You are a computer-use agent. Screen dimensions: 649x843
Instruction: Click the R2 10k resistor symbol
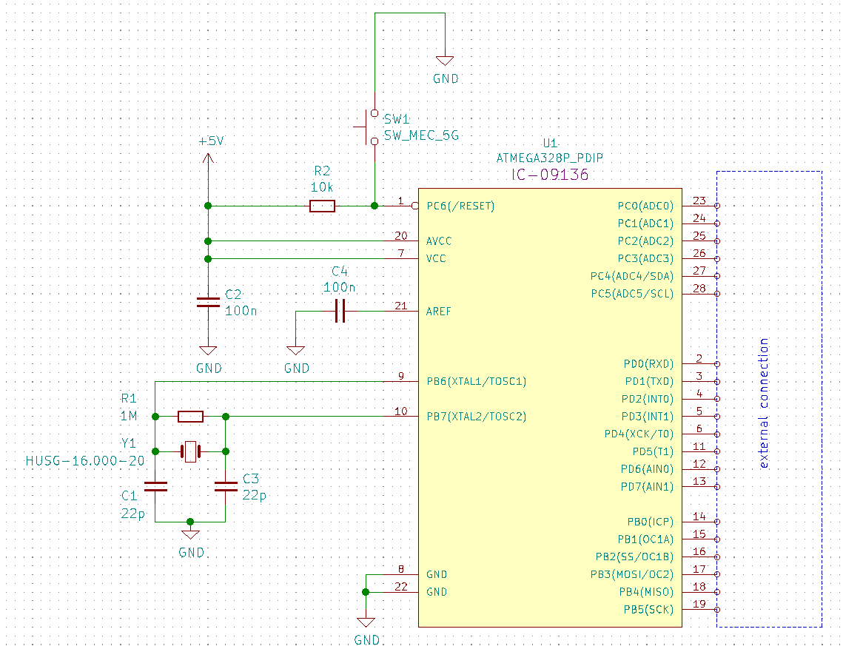pyautogui.click(x=322, y=206)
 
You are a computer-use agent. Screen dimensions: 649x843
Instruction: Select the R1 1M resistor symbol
pyautogui.click(x=191, y=417)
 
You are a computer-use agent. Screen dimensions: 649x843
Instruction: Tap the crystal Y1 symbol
pyautogui.click(x=191, y=451)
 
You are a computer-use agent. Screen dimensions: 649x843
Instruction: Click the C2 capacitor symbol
pyautogui.click(x=208, y=301)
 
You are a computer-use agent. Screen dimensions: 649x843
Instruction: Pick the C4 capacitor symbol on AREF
pyautogui.click(x=340, y=312)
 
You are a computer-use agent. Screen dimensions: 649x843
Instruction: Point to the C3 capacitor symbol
pyautogui.click(x=226, y=486)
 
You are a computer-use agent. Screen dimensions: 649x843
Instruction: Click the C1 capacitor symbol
pyautogui.click(x=155, y=486)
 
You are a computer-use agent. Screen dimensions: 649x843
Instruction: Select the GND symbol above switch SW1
pyautogui.click(x=445, y=62)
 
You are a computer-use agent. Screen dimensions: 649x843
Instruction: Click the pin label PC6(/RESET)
pyautogui.click(x=460, y=206)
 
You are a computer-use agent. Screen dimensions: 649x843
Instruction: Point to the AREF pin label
pyautogui.click(x=439, y=312)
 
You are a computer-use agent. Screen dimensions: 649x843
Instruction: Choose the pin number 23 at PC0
pyautogui.click(x=699, y=201)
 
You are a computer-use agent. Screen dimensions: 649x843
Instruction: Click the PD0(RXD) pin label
pyautogui.click(x=648, y=364)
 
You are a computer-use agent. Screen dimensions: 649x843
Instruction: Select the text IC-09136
pyautogui.click(x=549, y=175)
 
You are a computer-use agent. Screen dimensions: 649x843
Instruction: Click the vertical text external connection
pyautogui.click(x=765, y=403)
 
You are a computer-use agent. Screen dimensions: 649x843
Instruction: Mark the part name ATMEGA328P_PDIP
pyautogui.click(x=549, y=158)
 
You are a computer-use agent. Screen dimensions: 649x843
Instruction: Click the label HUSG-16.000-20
pyautogui.click(x=85, y=460)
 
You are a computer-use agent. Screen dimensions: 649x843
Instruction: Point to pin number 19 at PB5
pyautogui.click(x=699, y=605)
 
